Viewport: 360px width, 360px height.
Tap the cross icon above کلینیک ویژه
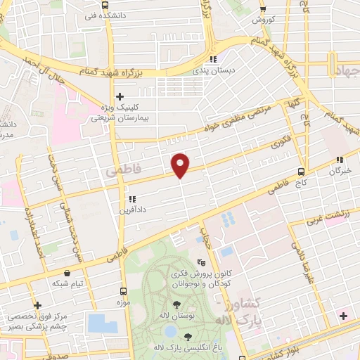click(120, 96)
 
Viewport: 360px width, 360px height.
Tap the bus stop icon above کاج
click(301, 171)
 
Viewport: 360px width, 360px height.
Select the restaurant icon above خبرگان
click(340, 160)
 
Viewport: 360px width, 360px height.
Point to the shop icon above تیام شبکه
click(67, 272)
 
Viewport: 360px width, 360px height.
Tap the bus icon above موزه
click(124, 290)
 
